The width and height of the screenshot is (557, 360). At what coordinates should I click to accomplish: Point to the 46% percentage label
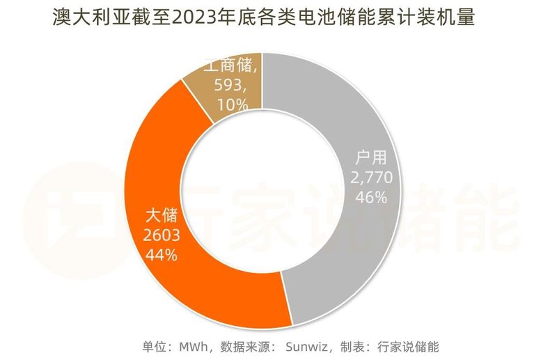click(x=372, y=198)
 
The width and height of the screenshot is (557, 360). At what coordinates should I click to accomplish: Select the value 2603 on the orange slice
click(x=162, y=235)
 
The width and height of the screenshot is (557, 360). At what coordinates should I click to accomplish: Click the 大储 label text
click(x=162, y=215)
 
